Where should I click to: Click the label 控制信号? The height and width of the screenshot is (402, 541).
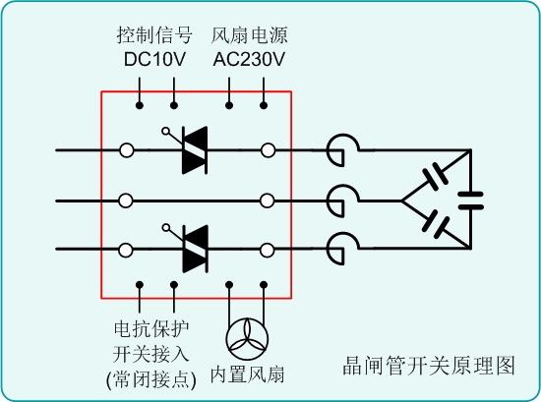click(154, 35)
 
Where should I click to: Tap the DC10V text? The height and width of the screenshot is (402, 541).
click(154, 59)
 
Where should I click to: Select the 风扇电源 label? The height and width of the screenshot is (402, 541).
click(249, 35)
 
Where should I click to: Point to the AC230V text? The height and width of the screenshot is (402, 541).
click(249, 59)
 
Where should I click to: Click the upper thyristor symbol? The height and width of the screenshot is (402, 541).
click(195, 150)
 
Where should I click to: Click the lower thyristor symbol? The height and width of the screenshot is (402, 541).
click(195, 249)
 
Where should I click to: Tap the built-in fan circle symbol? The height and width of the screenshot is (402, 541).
click(247, 339)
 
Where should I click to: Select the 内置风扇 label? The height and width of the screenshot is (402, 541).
click(247, 374)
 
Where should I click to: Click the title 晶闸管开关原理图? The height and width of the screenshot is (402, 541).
click(429, 366)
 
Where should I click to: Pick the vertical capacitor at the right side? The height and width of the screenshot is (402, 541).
click(470, 201)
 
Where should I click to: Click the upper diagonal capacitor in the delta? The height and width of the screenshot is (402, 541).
click(436, 179)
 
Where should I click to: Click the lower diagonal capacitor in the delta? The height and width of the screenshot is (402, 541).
click(436, 224)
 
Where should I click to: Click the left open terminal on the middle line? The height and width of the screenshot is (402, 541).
click(126, 201)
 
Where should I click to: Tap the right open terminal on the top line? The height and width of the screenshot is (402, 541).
click(269, 150)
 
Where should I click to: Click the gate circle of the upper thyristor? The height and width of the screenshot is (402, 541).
click(165, 131)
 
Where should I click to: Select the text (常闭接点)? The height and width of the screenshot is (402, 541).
click(151, 379)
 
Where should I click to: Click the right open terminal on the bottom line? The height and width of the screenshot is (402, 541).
click(267, 251)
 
